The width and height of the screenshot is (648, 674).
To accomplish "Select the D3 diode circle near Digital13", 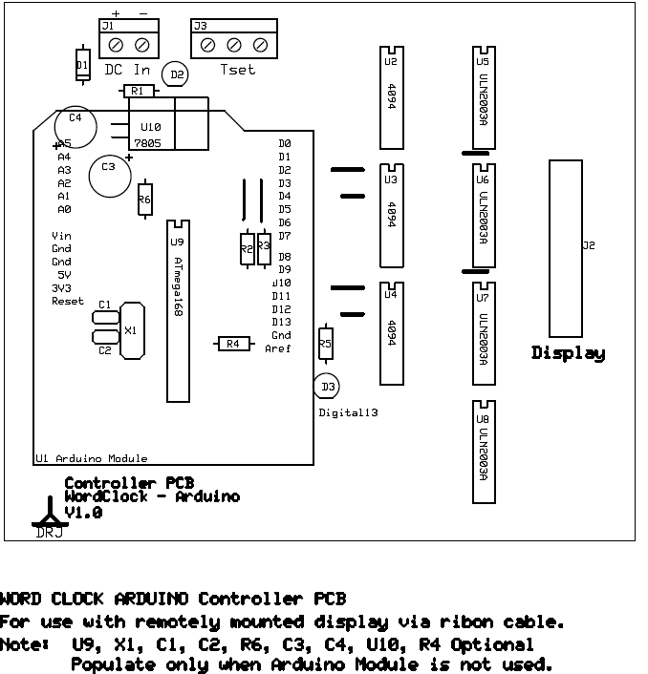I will tap(327, 386).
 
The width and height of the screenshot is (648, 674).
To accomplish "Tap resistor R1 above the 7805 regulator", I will tap(138, 92).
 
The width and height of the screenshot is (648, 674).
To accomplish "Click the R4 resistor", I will tap(232, 343).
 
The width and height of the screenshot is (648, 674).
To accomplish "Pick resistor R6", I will tap(144, 200).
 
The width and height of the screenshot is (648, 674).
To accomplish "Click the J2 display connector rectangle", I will tap(565, 245).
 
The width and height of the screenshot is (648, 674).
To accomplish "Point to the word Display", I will tap(568, 353).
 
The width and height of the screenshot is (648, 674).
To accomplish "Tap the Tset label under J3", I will tap(238, 70).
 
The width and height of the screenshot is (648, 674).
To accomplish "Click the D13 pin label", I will tap(281, 322).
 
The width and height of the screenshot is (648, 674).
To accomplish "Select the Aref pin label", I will tap(278, 348).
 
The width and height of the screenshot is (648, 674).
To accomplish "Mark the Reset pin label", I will tap(68, 301).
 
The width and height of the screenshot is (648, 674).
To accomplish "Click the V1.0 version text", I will tap(83, 513).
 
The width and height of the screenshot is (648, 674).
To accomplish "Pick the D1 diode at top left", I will tap(83, 65).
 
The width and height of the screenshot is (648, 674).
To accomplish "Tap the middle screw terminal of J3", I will tap(233, 45).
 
